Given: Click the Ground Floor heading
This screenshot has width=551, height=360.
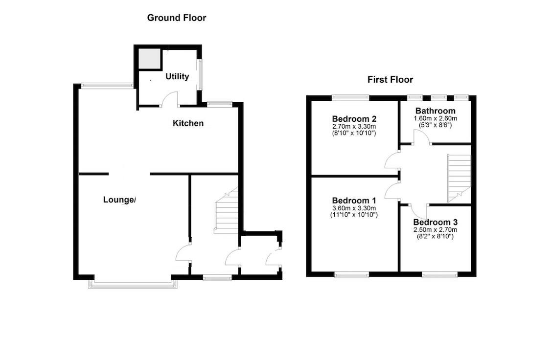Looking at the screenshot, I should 177,18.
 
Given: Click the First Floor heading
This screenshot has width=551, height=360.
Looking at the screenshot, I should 390,80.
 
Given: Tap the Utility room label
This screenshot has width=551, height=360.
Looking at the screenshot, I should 177,76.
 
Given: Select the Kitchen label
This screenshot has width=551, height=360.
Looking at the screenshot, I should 188,123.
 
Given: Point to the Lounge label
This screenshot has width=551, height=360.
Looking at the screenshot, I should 119,200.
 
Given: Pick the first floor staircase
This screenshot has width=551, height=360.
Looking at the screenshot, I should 459,177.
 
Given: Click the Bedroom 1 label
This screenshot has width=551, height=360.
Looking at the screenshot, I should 354,201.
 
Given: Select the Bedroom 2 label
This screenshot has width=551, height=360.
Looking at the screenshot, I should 354,119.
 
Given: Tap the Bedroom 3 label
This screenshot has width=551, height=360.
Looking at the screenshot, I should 435,222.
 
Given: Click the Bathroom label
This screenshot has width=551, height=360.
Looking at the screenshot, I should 435,111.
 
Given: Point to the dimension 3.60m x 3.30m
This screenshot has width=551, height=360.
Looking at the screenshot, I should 354,208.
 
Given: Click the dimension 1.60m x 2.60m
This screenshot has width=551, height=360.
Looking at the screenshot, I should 435,118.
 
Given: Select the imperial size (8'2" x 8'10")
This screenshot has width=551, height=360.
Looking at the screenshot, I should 435,237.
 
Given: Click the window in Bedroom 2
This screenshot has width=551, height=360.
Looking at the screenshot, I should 350,97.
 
